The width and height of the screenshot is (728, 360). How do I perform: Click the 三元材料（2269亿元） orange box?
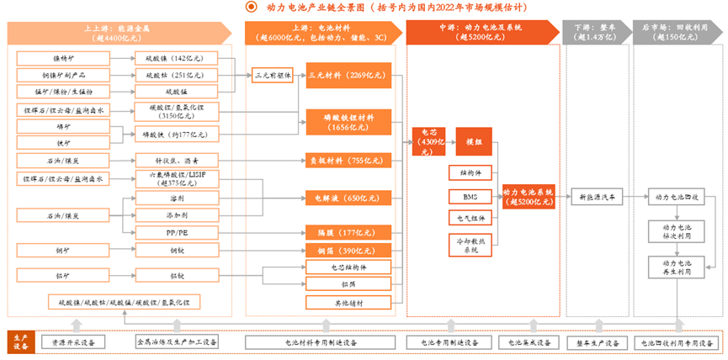click(x=348, y=75)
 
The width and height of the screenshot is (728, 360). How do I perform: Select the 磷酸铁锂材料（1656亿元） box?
click(x=348, y=121)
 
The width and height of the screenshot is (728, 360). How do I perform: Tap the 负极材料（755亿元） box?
click(x=348, y=160)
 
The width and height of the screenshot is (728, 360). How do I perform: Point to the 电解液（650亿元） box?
click(x=348, y=199)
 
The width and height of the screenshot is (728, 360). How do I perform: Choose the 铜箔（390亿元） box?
click(x=348, y=251)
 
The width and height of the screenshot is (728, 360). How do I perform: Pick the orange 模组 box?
click(x=474, y=142)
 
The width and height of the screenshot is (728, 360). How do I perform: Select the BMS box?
click(x=470, y=197)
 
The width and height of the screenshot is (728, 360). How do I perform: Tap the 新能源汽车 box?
click(x=598, y=197)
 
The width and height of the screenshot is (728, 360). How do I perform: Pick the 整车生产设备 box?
click(x=598, y=342)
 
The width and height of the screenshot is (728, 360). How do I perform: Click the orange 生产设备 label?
click(x=20, y=342)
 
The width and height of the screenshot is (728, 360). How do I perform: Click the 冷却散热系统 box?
click(x=470, y=245)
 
